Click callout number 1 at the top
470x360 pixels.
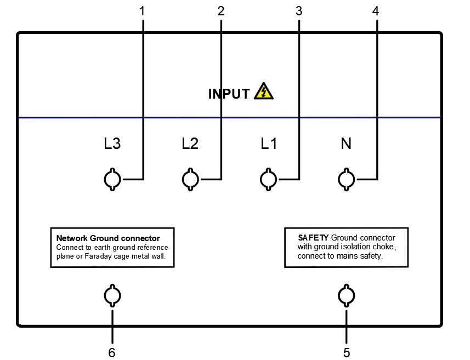click(143, 10)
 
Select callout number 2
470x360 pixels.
click(220, 10)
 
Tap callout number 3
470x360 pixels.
click(298, 10)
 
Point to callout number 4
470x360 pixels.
click(376, 10)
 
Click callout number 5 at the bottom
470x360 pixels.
click(347, 352)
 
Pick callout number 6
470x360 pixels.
click(112, 352)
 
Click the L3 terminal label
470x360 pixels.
click(112, 144)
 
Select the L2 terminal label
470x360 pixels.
click(190, 144)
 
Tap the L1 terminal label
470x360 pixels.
click(269, 144)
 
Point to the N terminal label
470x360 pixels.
click(346, 144)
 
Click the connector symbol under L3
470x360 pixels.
click(112, 179)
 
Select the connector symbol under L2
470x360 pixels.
click(190, 179)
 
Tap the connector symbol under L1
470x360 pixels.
click(268, 179)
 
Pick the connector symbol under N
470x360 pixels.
click(346, 179)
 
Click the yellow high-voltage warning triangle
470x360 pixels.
click(264, 92)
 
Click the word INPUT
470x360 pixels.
click(229, 94)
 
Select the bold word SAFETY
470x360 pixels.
click(313, 238)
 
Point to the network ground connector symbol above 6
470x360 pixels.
click(112, 296)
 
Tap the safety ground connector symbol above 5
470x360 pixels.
click(346, 296)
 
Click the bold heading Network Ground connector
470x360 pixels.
click(108, 238)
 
